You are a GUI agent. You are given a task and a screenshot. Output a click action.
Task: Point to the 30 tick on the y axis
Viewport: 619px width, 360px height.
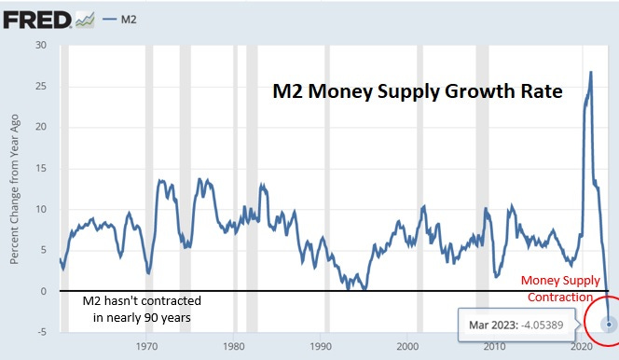point(39,45)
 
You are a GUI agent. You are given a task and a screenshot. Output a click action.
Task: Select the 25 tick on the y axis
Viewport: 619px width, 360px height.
point(39,86)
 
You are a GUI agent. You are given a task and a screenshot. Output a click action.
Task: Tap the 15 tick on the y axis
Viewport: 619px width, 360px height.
point(39,168)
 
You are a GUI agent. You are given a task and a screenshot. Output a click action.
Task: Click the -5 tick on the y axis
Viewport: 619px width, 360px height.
point(39,332)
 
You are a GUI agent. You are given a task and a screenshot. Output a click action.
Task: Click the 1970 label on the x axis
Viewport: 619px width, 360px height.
point(146,347)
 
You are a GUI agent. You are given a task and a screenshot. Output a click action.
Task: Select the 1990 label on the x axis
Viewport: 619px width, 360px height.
point(320,347)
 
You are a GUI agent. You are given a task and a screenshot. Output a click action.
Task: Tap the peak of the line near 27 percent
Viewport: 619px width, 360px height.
point(591,72)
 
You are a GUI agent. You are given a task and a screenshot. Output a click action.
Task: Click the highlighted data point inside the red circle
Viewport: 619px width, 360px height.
point(608,325)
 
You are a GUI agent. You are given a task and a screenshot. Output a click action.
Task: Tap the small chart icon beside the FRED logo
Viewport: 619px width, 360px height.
point(85,18)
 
